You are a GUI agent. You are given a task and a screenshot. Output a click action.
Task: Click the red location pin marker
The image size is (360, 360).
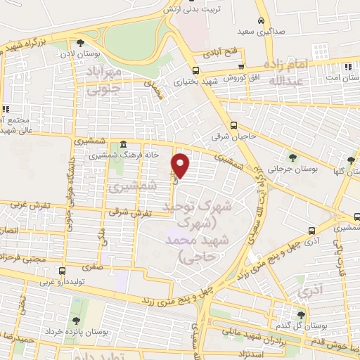pyautogui.click(x=181, y=165)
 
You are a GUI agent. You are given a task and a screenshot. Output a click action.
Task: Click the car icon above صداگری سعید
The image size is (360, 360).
pyautogui.click(x=261, y=20)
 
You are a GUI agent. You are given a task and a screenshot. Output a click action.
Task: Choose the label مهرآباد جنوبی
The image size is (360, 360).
pyautogui.click(x=115, y=79)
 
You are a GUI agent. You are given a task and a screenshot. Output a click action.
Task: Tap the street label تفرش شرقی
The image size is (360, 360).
pyautogui.click(x=126, y=210)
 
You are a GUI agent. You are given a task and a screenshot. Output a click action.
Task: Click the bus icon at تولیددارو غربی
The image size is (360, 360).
pyautogui.click(x=63, y=271)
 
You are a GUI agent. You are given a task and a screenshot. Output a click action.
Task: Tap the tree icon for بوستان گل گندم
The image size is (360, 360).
pyautogui.click(x=301, y=314)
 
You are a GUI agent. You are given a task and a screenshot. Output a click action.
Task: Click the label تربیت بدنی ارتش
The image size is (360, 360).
pyautogui.click(x=193, y=10)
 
